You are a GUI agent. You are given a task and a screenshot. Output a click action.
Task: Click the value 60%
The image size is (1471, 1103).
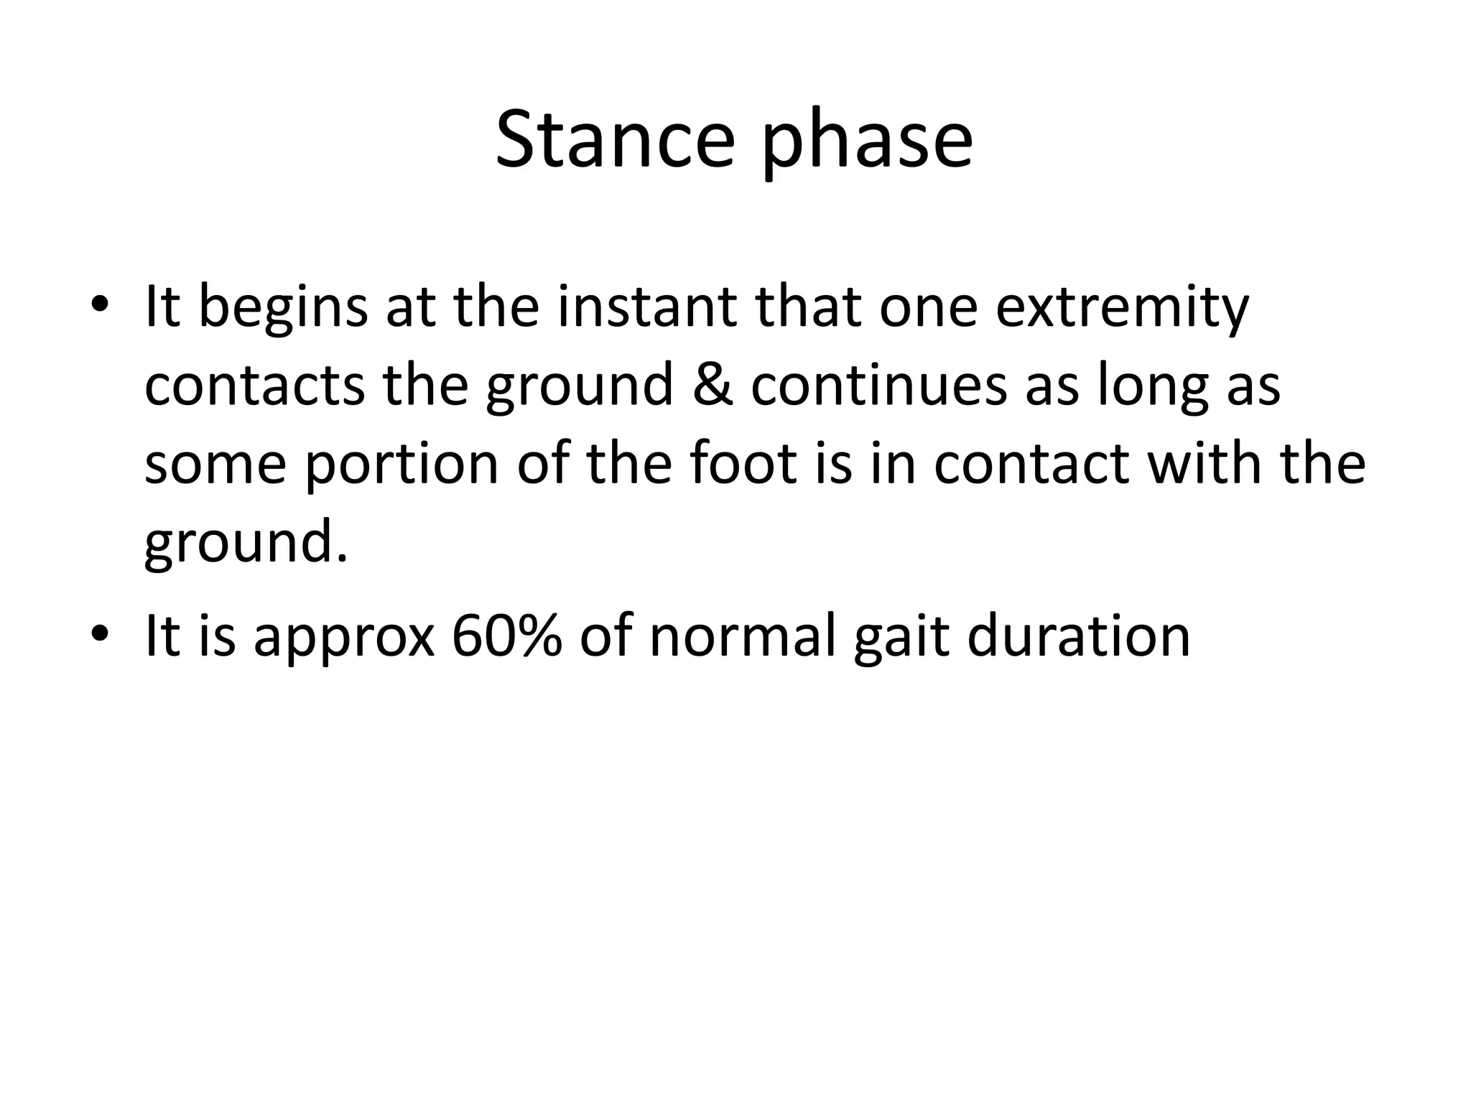(x=506, y=636)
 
